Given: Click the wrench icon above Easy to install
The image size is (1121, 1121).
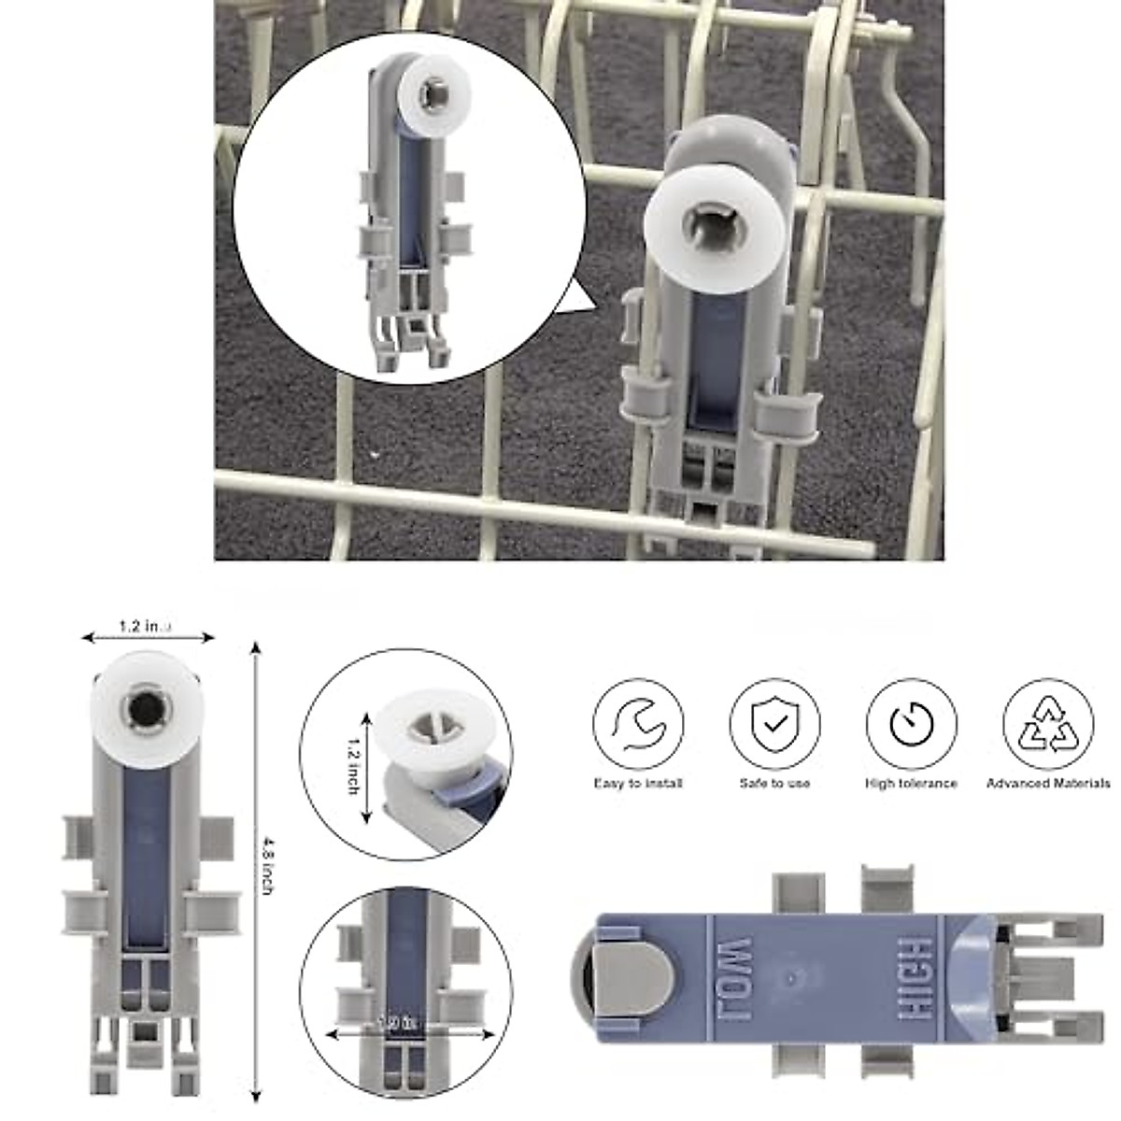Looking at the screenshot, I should click(638, 724).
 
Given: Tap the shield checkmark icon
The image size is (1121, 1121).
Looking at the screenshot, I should click(774, 724).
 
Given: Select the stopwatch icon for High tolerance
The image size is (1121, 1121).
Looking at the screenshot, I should click(911, 724).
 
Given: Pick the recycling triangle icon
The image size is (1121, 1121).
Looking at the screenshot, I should click(1047, 724).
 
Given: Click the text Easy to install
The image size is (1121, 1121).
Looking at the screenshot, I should click(638, 783).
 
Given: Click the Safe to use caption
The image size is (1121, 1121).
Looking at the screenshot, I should click(774, 783).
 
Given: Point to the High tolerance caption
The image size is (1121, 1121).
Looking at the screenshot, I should click(911, 783).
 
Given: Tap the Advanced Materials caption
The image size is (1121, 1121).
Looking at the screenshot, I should click(1048, 783).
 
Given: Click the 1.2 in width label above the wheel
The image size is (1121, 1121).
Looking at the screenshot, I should click(145, 626).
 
